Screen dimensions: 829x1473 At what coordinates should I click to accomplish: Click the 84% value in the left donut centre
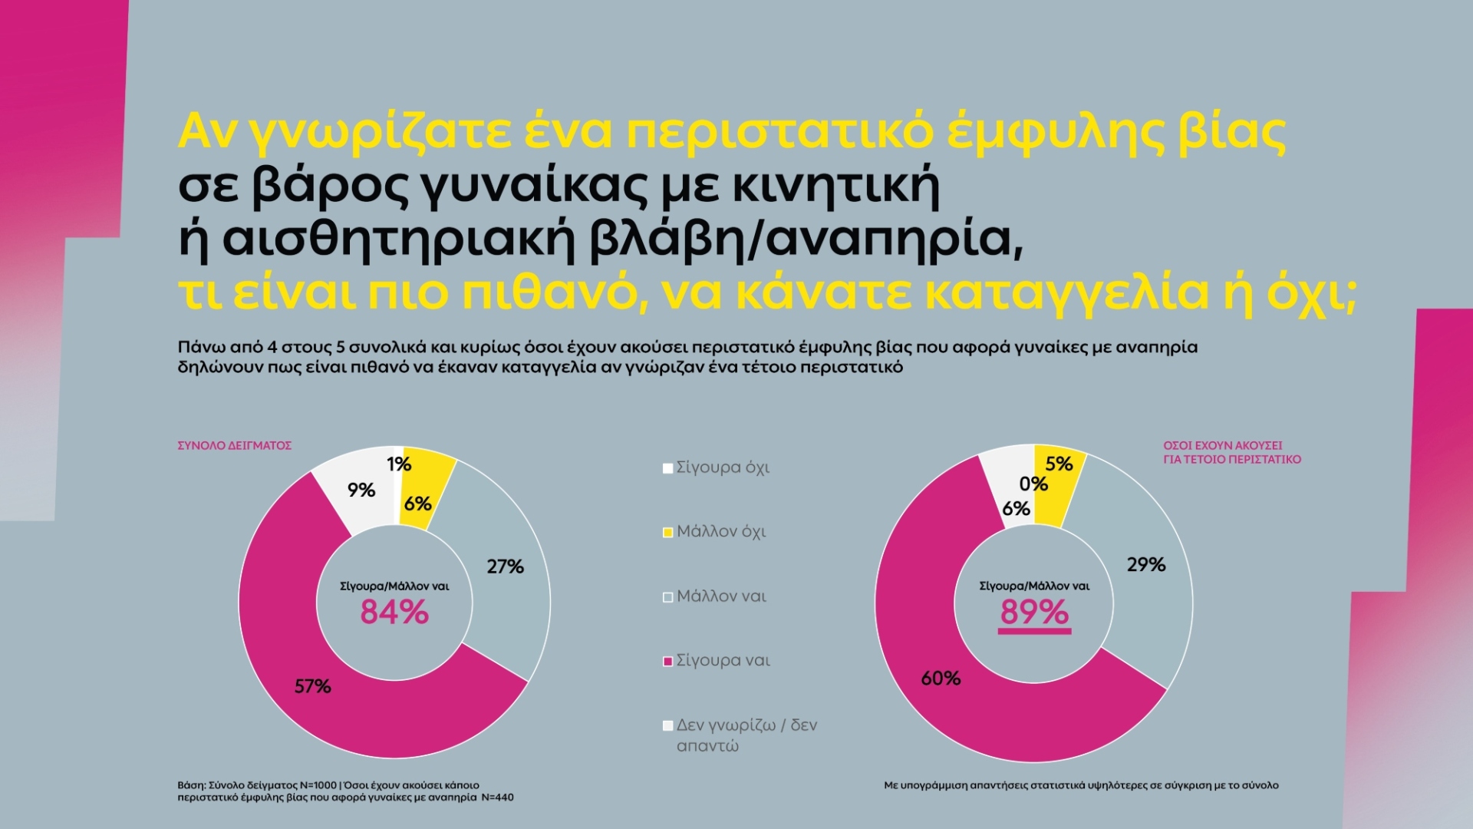394,613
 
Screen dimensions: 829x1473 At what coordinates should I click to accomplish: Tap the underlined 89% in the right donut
1034,613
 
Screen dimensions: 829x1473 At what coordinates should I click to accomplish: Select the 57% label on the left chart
313,686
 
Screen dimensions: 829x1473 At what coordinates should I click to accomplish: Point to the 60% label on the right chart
941,679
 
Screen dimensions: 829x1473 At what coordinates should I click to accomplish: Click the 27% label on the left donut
505,567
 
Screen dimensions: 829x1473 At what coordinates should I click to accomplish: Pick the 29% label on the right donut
1146,565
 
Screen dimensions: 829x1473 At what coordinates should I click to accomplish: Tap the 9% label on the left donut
361,490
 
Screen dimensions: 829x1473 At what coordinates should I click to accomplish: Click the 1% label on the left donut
399,464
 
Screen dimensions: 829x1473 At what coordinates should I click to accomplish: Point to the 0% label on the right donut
1033,484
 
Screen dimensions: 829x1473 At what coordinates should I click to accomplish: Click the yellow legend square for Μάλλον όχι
667,532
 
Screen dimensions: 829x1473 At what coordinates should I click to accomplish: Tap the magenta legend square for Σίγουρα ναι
667,661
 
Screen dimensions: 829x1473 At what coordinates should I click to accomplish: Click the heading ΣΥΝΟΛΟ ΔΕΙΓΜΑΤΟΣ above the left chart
235,445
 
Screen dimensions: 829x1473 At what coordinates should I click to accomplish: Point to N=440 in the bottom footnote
497,798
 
